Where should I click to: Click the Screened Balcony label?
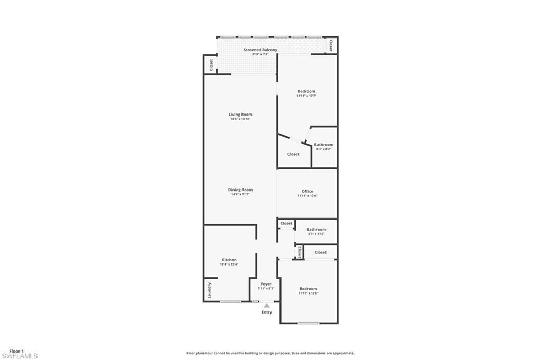click(260, 50)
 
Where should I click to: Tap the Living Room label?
click(240, 115)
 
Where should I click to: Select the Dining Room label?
click(240, 190)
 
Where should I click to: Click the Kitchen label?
click(229, 260)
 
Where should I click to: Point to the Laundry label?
click(210, 290)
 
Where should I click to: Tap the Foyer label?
click(266, 284)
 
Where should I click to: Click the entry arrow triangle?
click(267, 305)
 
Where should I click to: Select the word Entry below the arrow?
click(267, 312)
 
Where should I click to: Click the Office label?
click(307, 191)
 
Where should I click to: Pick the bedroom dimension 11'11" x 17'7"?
click(306, 96)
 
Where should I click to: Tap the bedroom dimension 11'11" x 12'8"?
click(308, 293)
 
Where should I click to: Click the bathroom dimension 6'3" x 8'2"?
click(323, 149)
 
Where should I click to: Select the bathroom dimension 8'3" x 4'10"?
click(316, 234)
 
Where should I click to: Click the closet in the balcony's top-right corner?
click(331, 45)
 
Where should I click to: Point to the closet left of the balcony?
click(211, 64)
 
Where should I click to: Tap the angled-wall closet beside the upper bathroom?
click(293, 154)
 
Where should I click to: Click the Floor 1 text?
click(16, 351)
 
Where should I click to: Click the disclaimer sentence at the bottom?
click(270, 353)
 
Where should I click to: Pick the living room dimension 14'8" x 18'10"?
click(240, 119)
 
